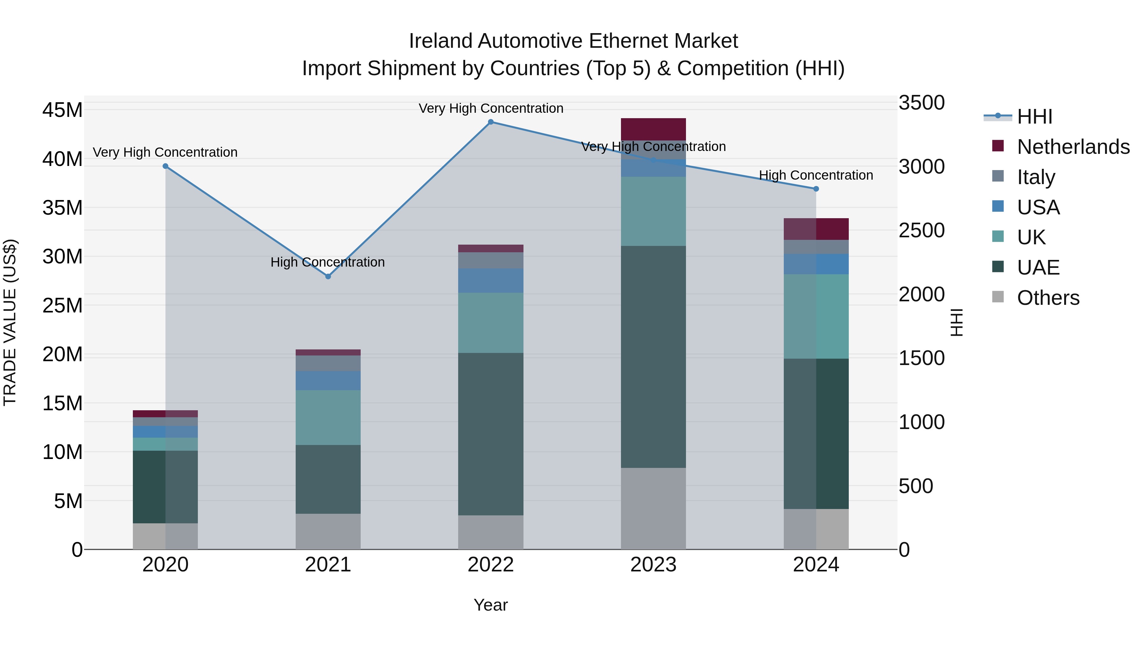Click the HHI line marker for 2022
[491, 122]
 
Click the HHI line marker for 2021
[328, 276]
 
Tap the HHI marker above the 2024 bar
[816, 189]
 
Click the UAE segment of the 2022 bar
[491, 434]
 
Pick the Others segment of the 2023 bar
[653, 508]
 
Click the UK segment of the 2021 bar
[328, 418]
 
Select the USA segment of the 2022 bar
[491, 280]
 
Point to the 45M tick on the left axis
[62, 110]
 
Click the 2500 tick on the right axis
[921, 231]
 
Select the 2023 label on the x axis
[653, 565]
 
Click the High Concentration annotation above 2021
[328, 262]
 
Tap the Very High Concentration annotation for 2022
[491, 108]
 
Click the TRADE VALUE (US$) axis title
[10, 322]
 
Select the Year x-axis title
[491, 605]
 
